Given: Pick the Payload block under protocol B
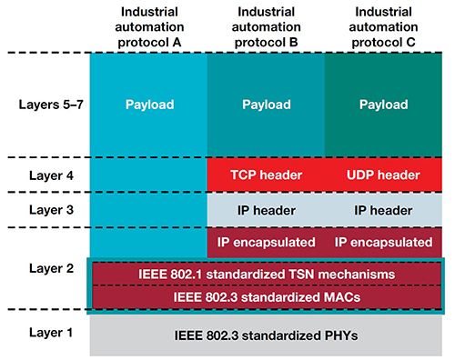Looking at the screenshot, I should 266,105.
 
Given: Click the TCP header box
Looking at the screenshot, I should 266,175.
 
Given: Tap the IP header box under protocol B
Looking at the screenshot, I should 266,209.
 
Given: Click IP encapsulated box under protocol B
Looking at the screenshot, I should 266,243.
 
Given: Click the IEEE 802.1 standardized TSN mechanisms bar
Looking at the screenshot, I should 266,274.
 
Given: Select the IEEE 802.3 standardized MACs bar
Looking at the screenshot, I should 266,296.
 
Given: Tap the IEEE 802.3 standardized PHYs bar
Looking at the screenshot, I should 266,336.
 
